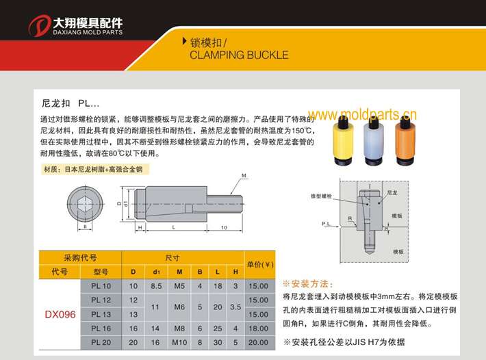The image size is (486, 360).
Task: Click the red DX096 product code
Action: click(60, 314)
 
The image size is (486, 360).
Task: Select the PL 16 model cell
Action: click(101, 328)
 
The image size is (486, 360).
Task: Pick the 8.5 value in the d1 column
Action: click(155, 285)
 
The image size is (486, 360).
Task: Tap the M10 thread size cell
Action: click(179, 342)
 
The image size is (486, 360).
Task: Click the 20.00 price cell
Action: click(259, 342)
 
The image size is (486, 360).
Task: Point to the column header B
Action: click(200, 272)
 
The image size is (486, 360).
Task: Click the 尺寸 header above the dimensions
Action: click(173, 258)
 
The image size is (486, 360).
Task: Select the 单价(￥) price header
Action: click(259, 264)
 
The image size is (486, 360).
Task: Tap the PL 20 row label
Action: click(101, 342)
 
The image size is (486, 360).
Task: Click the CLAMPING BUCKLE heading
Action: click(238, 55)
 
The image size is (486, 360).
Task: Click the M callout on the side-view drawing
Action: click(244, 176)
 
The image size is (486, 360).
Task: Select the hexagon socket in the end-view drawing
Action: click(85, 203)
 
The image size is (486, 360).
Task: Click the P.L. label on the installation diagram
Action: click(327, 224)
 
